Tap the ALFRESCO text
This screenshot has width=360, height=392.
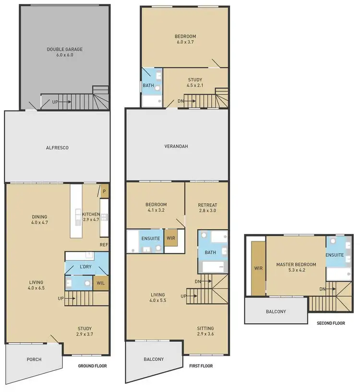[x=58, y=148]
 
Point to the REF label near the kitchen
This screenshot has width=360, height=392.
[x=103, y=244]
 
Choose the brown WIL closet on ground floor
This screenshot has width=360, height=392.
[x=101, y=283]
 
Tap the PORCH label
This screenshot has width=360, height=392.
[x=34, y=359]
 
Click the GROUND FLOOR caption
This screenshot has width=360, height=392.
[x=92, y=366]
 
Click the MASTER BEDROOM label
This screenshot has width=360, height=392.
[x=296, y=264]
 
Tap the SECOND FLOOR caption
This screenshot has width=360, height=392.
[x=331, y=323]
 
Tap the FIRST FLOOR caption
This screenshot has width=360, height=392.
[x=201, y=366]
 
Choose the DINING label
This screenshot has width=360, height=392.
[x=39, y=216]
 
